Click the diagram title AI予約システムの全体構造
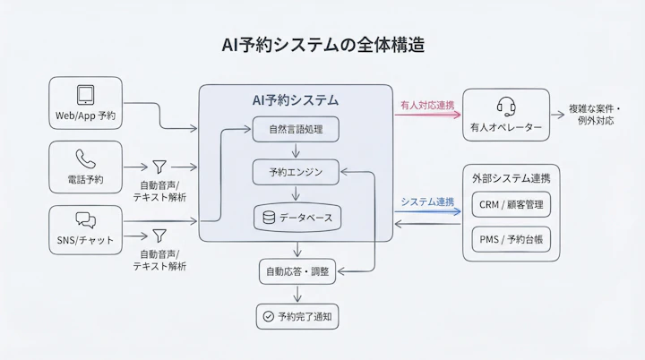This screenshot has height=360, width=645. [x=322, y=44]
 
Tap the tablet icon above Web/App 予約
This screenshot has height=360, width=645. [x=85, y=95]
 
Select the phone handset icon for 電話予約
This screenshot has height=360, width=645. [x=85, y=159]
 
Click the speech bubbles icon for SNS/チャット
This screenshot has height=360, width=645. [x=85, y=220]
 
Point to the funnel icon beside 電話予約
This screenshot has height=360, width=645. [x=159, y=167]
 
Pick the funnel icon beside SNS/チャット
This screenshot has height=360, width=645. [x=159, y=236]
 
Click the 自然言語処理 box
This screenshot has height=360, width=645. [x=296, y=130]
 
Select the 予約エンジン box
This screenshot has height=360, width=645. [x=296, y=171]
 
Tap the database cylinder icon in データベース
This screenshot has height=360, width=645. [x=266, y=217]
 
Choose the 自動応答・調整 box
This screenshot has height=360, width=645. [x=297, y=270]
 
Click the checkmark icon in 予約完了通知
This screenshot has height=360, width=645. [x=266, y=316]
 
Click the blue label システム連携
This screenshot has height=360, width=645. [x=427, y=201]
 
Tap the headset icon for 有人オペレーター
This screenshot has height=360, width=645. [x=505, y=107]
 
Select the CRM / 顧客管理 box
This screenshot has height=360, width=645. [x=511, y=205]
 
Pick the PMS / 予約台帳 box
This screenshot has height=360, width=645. [x=511, y=239]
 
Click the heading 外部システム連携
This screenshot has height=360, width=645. [x=511, y=178]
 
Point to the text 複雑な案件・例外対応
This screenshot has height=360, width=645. [x=595, y=114]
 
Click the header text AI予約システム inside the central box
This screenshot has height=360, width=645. [x=296, y=100]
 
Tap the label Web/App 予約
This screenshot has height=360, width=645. [x=85, y=117]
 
